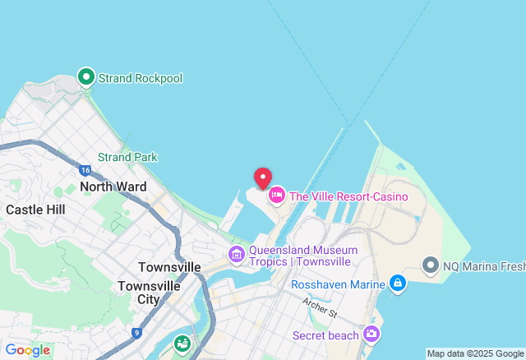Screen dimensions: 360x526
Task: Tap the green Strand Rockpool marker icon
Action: click(86, 77)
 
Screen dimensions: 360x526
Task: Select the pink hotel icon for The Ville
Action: click(277, 196)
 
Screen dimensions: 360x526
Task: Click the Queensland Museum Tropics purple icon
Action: click(237, 255)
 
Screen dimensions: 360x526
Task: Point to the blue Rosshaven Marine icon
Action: click(398, 284)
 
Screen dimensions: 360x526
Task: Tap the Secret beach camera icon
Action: click(371, 334)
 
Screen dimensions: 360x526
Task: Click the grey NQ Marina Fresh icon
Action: click(430, 265)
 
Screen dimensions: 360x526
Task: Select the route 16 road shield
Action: click(85, 170)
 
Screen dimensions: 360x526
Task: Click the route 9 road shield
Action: click(136, 333)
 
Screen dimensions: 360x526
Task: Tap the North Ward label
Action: click(113, 187)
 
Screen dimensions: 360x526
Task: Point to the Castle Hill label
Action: click(35, 210)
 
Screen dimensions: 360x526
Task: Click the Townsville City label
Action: click(149, 293)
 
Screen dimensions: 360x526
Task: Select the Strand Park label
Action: click(127, 157)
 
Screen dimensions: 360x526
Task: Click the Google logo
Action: click(26, 350)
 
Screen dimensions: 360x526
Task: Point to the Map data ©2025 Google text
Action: click(474, 353)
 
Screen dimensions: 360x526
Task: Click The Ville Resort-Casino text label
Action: click(348, 196)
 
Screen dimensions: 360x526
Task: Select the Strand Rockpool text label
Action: click(141, 78)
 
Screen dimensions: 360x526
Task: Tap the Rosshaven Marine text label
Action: click(338, 284)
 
